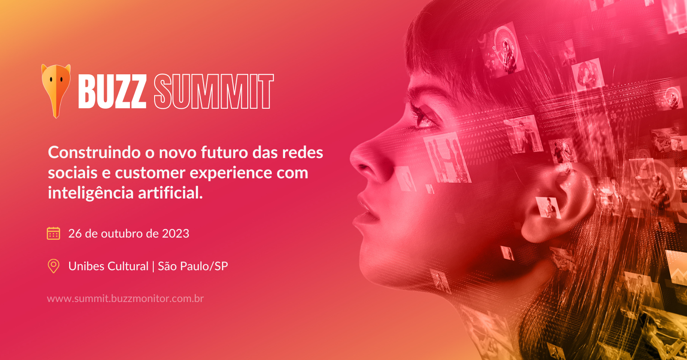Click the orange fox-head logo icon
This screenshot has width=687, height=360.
(x=56, y=91)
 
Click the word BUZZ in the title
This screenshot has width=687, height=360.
(x=112, y=92)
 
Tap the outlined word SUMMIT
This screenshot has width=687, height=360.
(x=213, y=92)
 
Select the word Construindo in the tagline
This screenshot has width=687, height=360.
(x=94, y=153)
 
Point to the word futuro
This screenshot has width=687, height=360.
(x=225, y=153)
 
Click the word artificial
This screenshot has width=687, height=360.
(x=170, y=193)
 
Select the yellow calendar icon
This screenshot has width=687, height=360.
(x=53, y=234)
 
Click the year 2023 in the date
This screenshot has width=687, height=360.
(x=176, y=234)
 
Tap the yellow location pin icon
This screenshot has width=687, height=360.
(x=54, y=266)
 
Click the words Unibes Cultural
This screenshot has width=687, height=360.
(x=108, y=266)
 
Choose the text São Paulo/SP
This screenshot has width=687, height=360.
(x=193, y=266)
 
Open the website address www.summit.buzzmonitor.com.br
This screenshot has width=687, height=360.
(x=125, y=299)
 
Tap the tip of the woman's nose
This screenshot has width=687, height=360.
(x=353, y=159)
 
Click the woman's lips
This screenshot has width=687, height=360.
(x=363, y=212)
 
